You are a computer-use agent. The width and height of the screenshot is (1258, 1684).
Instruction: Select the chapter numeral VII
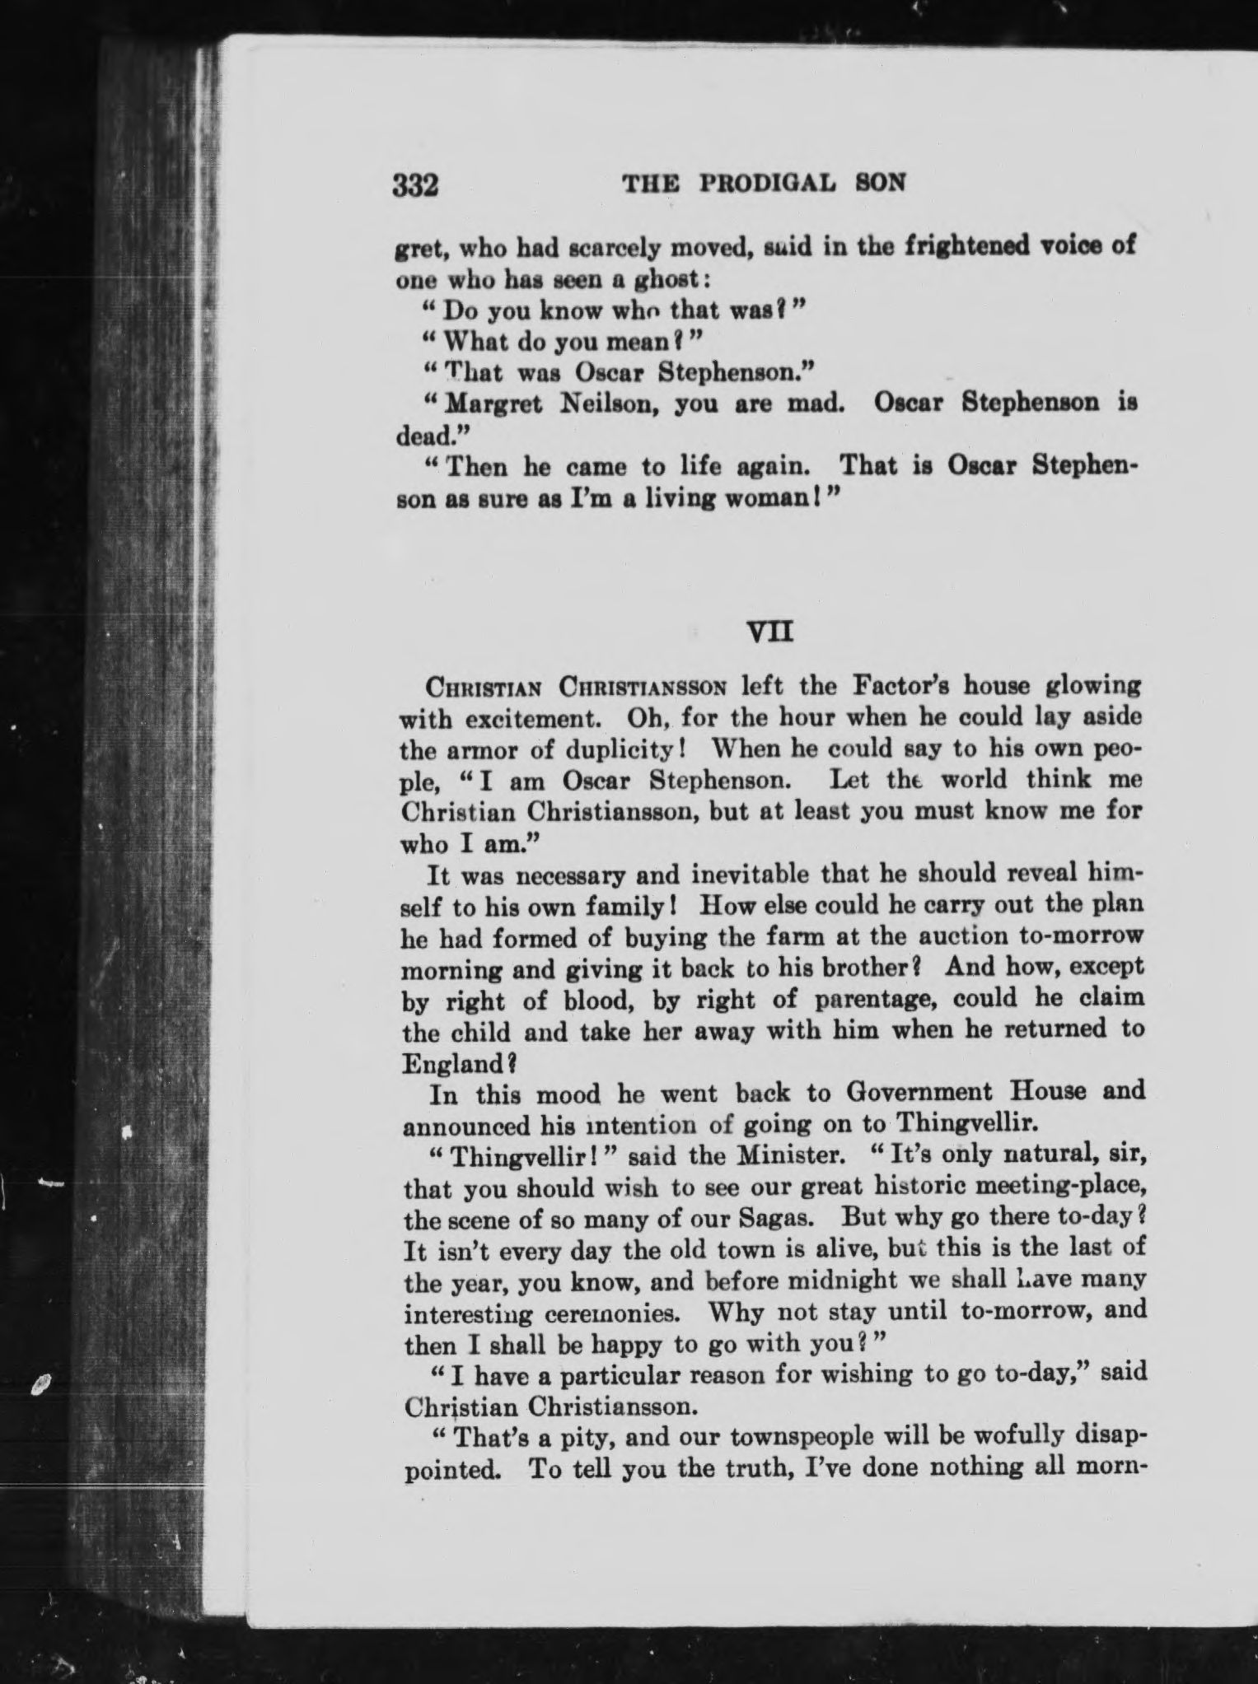[769, 632]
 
